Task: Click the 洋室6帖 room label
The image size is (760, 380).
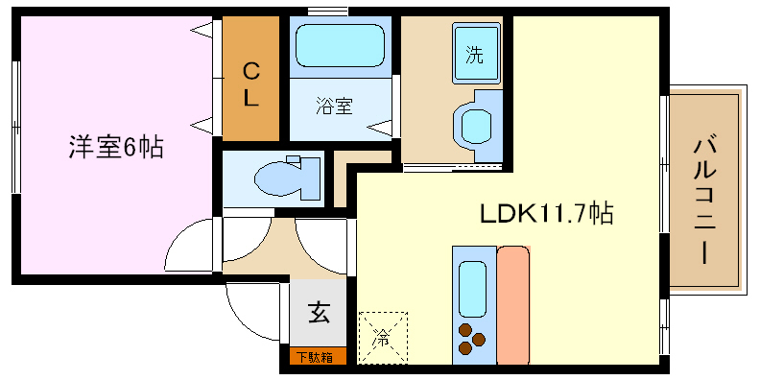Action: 114,148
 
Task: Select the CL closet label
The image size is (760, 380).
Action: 250,83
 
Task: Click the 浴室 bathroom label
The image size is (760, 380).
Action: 334,105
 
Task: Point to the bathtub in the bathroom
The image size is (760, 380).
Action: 339,45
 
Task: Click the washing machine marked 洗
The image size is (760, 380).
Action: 474,54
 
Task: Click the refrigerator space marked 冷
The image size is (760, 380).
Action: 382,337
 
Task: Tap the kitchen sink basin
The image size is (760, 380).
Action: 472,288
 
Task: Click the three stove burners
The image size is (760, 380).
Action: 471,339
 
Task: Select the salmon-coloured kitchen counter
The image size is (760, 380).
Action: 512,305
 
